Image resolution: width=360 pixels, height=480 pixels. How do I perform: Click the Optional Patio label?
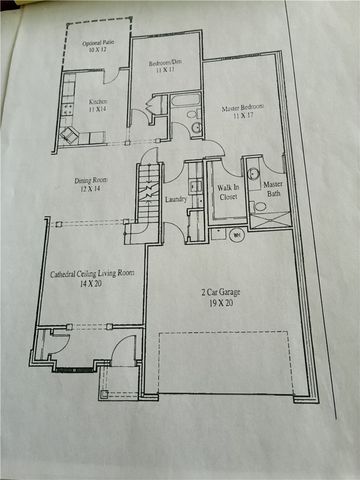pos(97,42)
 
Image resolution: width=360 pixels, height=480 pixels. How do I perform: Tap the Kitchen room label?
pos(97,102)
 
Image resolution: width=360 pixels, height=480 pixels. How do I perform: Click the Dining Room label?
pos(91,181)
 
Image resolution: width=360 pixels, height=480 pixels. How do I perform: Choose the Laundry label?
pos(176,200)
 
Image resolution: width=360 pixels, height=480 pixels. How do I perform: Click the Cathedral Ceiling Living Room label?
pos(92,274)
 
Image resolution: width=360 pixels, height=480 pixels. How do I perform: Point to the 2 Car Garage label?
pos(216,292)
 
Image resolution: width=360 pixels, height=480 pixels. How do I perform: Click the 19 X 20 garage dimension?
pos(216,302)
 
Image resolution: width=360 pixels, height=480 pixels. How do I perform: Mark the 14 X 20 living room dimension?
pos(92,285)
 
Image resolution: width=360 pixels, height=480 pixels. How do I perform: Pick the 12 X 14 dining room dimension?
pos(91,190)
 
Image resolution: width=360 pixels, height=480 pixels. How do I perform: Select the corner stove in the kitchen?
pos(71,134)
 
